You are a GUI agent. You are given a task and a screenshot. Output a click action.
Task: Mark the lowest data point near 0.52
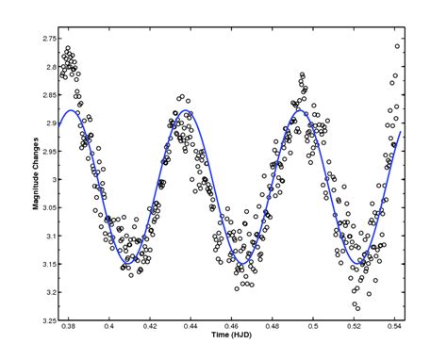[356, 306]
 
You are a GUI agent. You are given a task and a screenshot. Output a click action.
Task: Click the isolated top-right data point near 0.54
[398, 46]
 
